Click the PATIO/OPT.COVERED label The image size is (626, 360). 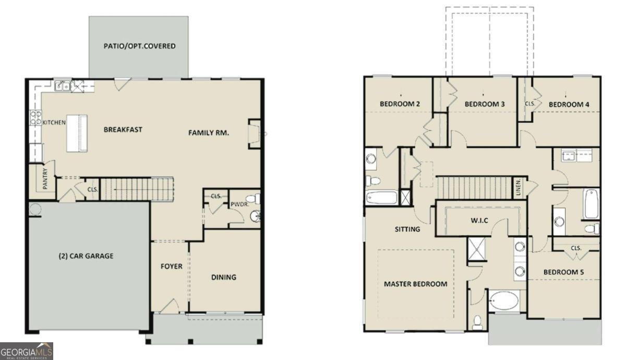pyautogui.click(x=139, y=46)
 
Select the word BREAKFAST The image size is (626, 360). pyautogui.click(x=123, y=129)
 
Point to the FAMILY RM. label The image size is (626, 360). pyautogui.click(x=209, y=133)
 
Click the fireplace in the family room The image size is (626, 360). pyautogui.click(x=255, y=134)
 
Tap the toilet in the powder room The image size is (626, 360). pyautogui.click(x=253, y=199)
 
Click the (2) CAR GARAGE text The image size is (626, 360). pyautogui.click(x=86, y=256)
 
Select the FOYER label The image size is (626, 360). pyautogui.click(x=171, y=266)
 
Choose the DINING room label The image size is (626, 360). pyautogui.click(x=223, y=277)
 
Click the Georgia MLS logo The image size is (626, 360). pyautogui.click(x=26, y=351)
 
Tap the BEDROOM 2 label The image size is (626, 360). pyautogui.click(x=400, y=104)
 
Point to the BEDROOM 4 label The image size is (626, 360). pyautogui.click(x=569, y=104)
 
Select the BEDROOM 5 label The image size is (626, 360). pyautogui.click(x=563, y=272)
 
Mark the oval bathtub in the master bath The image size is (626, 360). pyautogui.click(x=504, y=301)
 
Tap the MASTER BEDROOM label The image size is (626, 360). pyautogui.click(x=415, y=284)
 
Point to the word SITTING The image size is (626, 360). pyautogui.click(x=407, y=229)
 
